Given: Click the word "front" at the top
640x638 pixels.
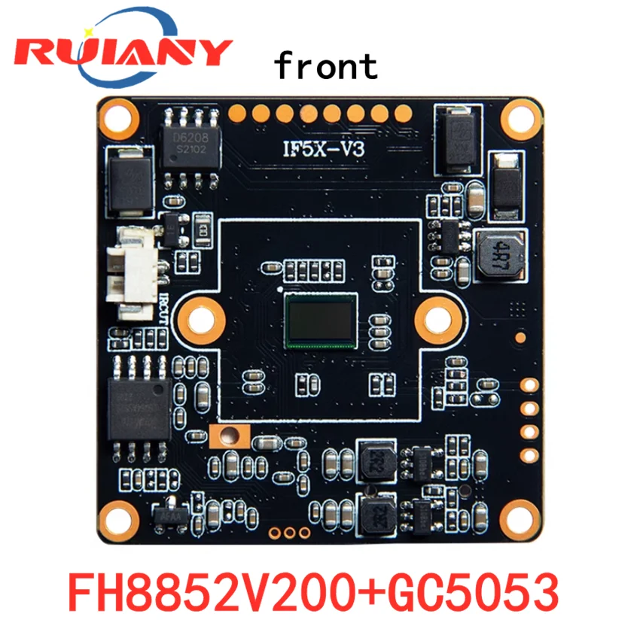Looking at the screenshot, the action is pos(325,65).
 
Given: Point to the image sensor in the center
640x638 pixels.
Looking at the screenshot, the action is pos(321,320).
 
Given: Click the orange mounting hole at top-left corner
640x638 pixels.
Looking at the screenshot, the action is pos(119,117).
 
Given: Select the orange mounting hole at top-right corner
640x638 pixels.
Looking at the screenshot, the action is pos(522,118).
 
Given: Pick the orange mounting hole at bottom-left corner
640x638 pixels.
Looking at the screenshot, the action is pos(117,518).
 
